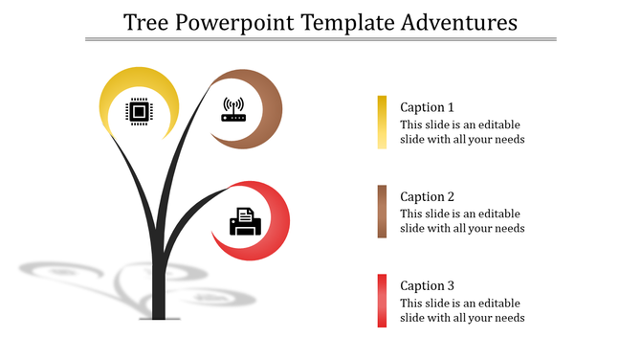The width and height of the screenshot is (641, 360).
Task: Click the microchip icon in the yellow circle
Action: pos(140,113)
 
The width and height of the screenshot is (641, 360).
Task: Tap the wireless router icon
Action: pos(234,109)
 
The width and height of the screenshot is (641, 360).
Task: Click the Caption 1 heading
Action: pos(427,107)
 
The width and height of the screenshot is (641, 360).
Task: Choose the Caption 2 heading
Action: pos(427,196)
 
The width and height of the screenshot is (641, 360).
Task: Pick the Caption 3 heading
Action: pos(427,285)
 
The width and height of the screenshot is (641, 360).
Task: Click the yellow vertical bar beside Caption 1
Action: pos(382,123)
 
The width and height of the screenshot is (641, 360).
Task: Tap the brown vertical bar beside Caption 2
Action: pos(382,212)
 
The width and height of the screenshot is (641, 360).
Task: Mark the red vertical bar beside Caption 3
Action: pos(382,301)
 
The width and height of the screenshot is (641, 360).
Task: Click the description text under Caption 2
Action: pos(461,221)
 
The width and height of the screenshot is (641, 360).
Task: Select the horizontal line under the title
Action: pos(320,40)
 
